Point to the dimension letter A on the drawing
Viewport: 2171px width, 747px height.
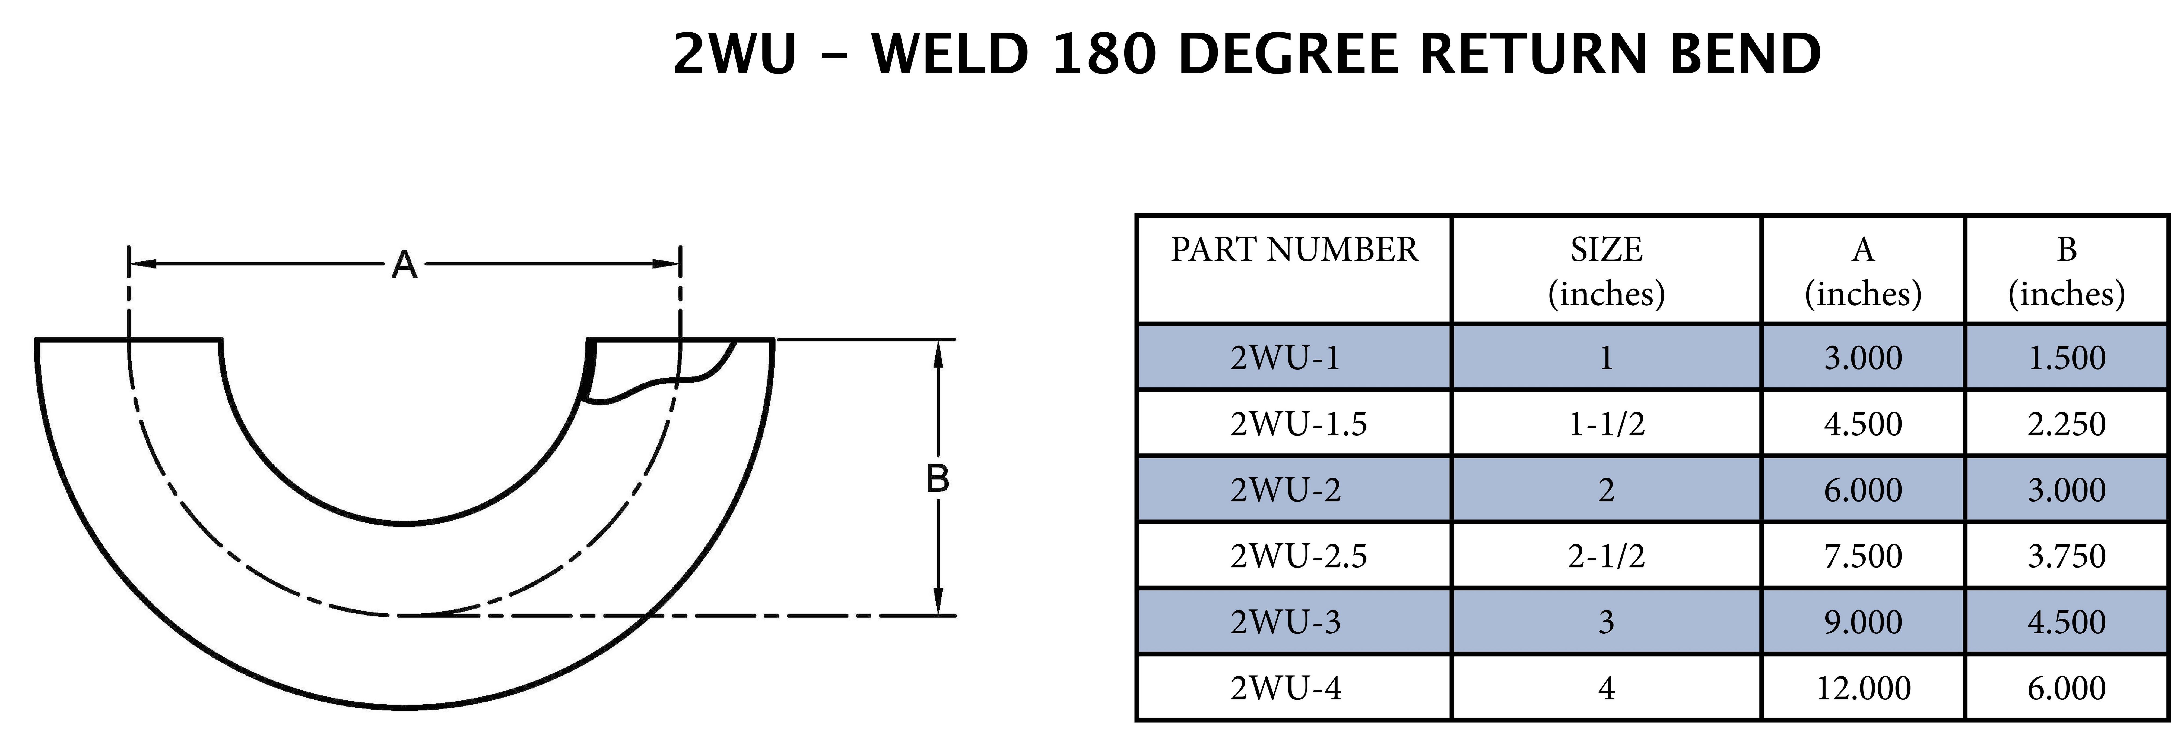pos(405,266)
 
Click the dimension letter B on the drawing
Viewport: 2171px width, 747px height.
pos(937,479)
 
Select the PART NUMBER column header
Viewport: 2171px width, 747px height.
pos(1294,250)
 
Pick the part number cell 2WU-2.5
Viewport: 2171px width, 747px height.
pos(1298,556)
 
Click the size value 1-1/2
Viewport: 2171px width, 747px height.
pos(1606,423)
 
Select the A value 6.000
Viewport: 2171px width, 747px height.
pos(1862,490)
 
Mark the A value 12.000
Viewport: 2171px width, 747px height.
pos(1862,688)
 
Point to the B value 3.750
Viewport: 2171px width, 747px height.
pos(2067,556)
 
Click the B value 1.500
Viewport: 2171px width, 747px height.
pos(2067,358)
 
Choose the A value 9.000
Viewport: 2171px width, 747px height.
pos(1862,622)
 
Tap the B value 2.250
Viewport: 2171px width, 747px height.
pos(2067,423)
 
